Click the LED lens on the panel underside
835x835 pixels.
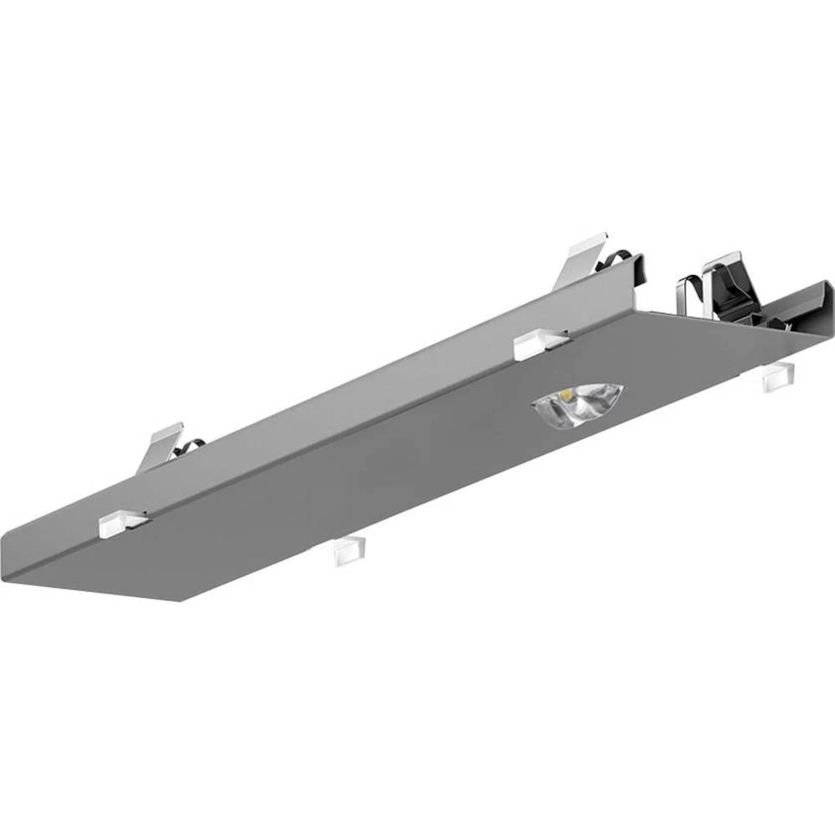click(578, 405)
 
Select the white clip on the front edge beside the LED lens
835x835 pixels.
click(539, 344)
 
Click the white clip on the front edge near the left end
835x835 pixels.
click(122, 523)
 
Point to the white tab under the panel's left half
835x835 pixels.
click(349, 550)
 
